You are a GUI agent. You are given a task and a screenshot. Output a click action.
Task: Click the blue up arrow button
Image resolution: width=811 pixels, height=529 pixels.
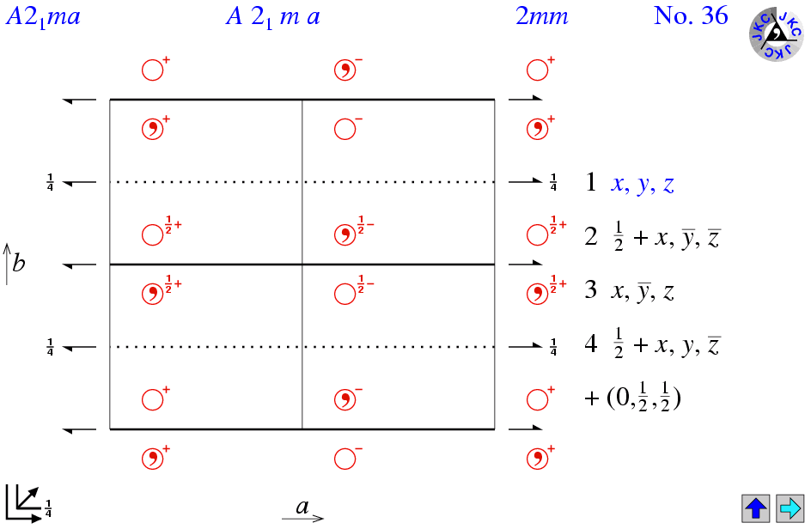point(756,508)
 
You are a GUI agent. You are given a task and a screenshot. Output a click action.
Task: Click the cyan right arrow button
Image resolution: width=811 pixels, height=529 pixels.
point(790,508)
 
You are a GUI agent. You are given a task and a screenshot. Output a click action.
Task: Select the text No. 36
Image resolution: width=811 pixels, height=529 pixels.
point(691,16)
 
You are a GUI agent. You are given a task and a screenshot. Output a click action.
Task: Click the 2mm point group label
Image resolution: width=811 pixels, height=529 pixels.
point(542,16)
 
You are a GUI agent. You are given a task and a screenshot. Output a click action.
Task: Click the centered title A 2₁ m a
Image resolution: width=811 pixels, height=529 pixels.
point(273,17)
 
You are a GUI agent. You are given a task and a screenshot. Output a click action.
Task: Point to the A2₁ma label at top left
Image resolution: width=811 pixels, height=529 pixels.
point(43,17)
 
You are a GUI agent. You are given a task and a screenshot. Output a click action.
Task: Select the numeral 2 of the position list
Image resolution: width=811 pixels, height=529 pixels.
point(591,238)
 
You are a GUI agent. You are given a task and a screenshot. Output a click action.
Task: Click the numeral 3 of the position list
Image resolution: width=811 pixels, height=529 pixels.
point(591,291)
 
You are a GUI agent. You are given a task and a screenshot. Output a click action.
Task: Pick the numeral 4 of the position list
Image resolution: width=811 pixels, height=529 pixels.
point(591,346)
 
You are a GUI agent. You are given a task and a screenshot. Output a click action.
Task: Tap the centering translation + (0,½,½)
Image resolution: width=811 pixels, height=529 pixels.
point(632,399)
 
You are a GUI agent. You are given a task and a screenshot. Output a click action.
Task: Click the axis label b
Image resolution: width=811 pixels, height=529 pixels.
point(19,263)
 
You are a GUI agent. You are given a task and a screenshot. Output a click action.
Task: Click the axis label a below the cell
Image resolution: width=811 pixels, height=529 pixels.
point(302,506)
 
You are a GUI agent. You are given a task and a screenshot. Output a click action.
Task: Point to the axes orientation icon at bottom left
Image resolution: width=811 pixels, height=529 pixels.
point(23,503)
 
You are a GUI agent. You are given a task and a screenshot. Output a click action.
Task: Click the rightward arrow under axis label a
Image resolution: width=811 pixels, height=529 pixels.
point(302,518)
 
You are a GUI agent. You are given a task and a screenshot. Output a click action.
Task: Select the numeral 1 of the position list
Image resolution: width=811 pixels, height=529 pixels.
point(591,183)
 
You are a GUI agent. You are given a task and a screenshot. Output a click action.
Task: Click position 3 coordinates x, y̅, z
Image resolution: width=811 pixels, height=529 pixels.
point(643,292)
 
